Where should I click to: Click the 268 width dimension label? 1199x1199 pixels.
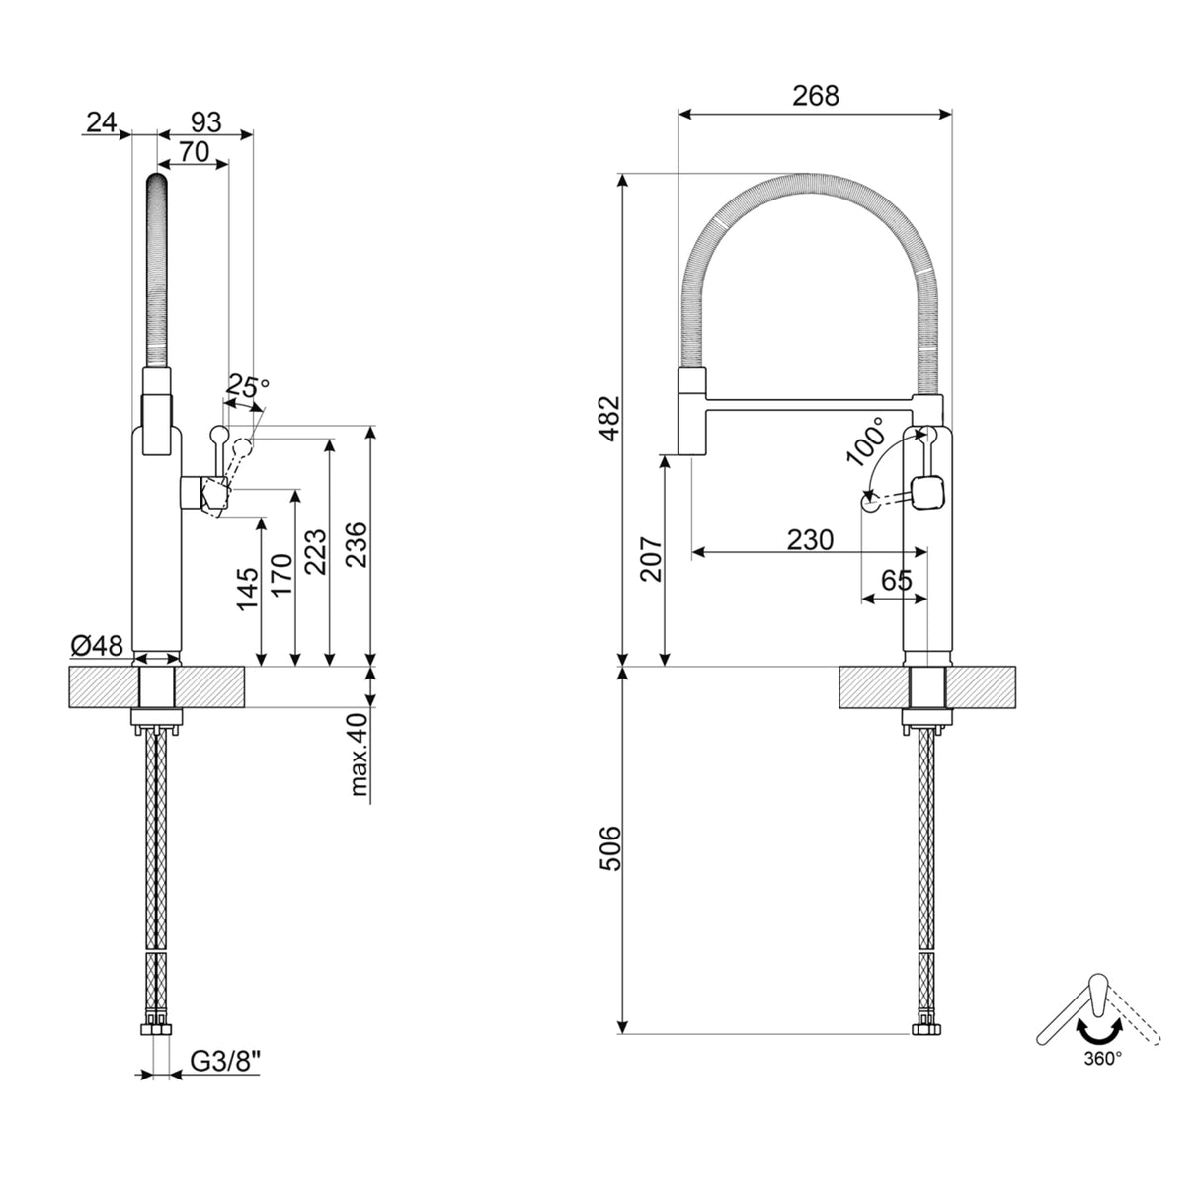(815, 96)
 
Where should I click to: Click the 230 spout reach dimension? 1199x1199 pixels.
(810, 540)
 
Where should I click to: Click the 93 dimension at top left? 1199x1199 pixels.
(204, 121)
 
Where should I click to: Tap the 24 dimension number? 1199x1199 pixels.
(101, 121)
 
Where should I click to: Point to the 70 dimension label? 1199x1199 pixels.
(194, 151)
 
